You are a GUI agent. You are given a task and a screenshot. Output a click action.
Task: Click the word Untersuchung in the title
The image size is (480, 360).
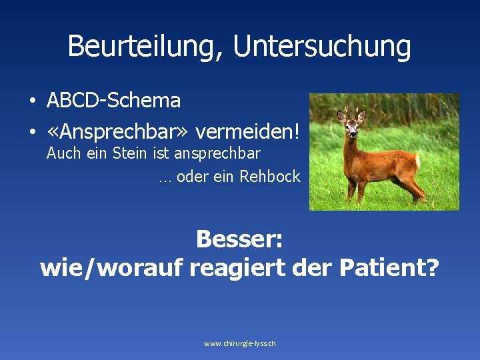pos(322,47)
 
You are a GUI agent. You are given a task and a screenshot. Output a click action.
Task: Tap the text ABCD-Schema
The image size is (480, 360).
pos(113,101)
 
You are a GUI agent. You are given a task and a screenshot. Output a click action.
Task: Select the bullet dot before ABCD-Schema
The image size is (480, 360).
pos(32,101)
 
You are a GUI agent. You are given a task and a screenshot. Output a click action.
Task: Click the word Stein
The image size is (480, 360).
pos(131,153)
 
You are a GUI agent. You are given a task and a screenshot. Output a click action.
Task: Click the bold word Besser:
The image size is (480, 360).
pos(239,239)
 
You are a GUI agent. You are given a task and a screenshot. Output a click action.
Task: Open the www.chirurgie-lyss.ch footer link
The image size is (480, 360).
pos(240,343)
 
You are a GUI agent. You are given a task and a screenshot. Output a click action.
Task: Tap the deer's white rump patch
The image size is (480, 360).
pos(417,159)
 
